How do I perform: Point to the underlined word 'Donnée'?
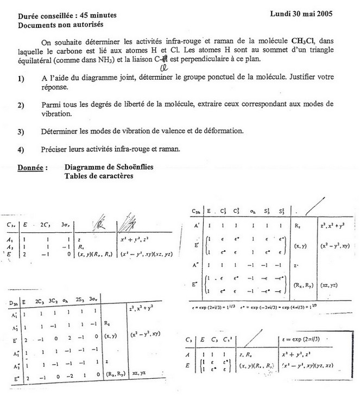(31, 168)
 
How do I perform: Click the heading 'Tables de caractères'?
(98, 176)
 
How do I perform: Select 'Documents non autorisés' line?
(60, 25)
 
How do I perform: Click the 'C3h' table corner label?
(198, 211)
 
